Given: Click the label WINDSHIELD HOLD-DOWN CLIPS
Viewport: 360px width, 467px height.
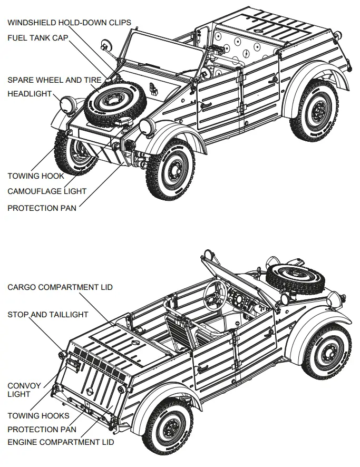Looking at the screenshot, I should click(x=69, y=23).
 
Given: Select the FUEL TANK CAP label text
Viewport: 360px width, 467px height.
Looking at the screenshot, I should click(x=38, y=38).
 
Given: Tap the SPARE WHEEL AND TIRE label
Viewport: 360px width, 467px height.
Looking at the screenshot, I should click(x=54, y=80).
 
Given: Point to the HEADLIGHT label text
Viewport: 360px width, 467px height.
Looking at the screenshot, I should click(x=30, y=94).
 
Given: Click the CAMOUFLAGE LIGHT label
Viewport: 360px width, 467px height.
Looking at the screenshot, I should click(x=47, y=191).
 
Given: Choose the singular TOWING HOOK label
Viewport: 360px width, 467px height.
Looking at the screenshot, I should click(x=36, y=176).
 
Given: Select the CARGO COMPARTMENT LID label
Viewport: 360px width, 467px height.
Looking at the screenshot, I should click(x=60, y=287).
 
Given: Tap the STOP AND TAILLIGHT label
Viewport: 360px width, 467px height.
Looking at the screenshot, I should click(x=48, y=315).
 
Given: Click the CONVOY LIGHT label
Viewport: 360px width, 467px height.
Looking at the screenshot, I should click(x=19, y=390).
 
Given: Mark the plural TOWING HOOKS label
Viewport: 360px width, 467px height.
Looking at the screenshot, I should click(x=38, y=416).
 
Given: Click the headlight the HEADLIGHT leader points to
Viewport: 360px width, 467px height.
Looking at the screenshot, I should click(x=69, y=105).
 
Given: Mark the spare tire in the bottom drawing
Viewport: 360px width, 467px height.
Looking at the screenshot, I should click(x=295, y=278).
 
